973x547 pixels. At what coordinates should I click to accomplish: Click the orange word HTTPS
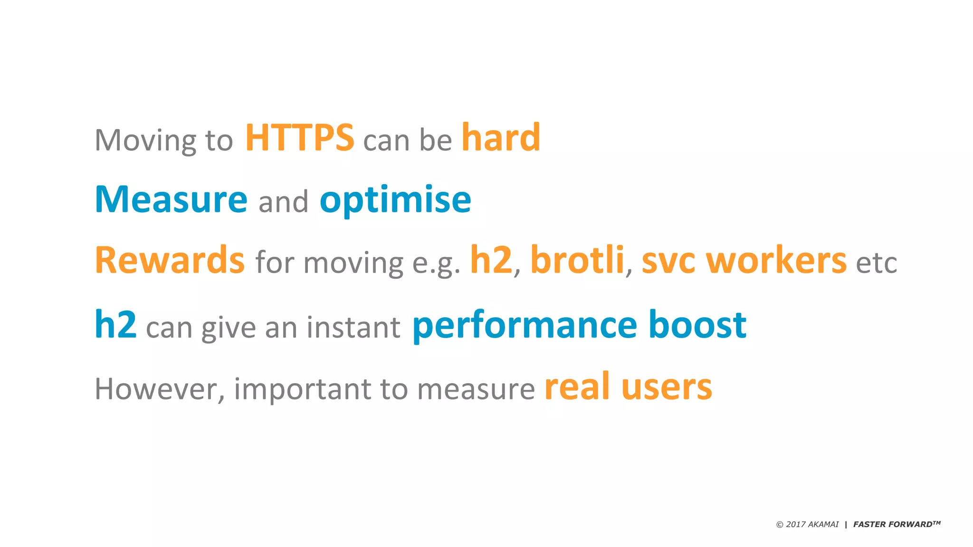[299, 138]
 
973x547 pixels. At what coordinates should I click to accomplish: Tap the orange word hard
[501, 138]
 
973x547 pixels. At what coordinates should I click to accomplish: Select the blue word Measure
[171, 199]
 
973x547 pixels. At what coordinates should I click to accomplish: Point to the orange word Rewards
[170, 261]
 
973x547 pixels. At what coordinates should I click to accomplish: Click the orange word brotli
[577, 260]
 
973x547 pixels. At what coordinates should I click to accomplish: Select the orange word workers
[776, 261]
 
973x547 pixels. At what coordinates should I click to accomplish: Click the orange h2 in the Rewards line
[491, 260]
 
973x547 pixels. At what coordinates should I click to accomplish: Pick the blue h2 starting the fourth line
[115, 325]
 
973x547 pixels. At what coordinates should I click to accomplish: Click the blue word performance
[525, 326]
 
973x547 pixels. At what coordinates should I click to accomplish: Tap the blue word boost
[697, 325]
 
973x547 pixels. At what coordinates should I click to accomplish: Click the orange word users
[667, 387]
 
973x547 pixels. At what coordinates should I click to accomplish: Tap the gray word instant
[353, 328]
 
